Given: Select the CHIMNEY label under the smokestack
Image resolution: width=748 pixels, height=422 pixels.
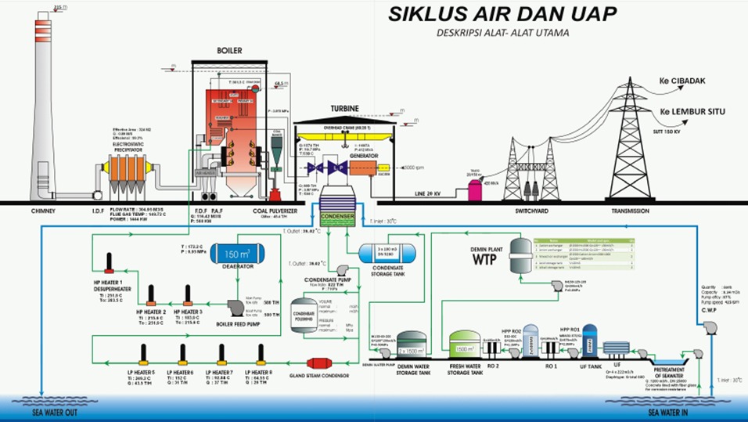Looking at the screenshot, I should [46, 210].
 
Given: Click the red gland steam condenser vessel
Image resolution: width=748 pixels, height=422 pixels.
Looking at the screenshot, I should [320, 363].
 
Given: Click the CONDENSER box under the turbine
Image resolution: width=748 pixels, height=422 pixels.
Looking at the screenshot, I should [337, 217].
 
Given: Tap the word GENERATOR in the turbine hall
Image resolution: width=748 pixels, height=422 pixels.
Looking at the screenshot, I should [363, 155].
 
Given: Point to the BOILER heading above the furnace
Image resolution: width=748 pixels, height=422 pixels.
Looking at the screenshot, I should [228, 51].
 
